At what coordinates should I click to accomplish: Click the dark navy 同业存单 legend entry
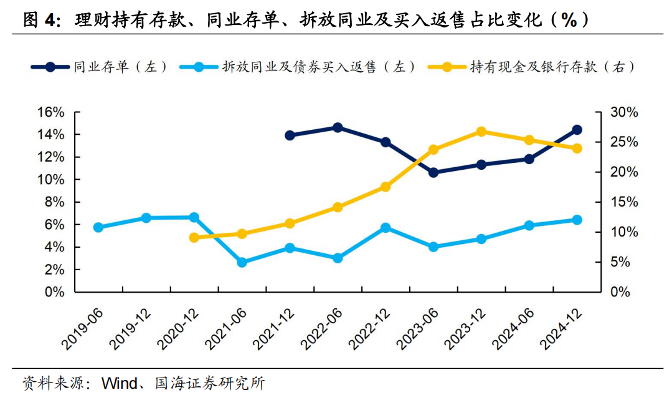pos(100,67)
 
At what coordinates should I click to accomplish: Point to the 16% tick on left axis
pos(51,112)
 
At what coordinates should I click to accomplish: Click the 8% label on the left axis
pos(55,202)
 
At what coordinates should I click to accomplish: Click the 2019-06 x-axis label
pos(82,328)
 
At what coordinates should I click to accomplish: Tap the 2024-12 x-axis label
pos(561,328)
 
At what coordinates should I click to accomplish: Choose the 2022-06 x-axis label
pos(321,328)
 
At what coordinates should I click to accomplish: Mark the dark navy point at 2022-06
pos(338,127)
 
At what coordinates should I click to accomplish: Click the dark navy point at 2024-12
pos(577,130)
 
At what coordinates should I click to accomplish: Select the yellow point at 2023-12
pos(481,132)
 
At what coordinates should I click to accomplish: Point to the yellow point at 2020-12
pos(194,237)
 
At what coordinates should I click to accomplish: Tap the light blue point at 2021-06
pos(242,262)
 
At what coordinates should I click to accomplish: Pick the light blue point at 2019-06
pos(98,227)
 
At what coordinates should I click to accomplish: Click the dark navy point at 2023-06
pos(433,172)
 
